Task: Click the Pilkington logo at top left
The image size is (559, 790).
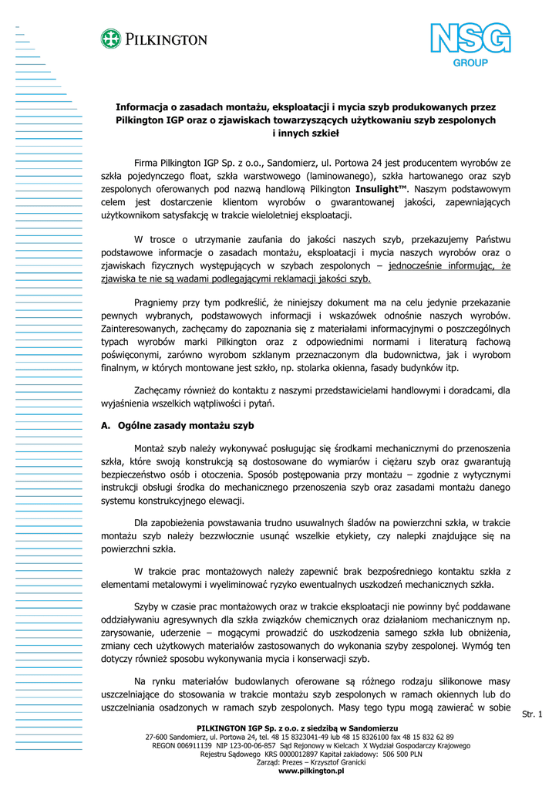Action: [x=153, y=39]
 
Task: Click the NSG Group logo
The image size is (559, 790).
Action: [x=470, y=46]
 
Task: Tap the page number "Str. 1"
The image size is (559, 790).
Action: [x=533, y=714]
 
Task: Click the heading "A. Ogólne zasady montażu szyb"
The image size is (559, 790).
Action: [x=178, y=425]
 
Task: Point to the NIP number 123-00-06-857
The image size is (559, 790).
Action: [x=245, y=746]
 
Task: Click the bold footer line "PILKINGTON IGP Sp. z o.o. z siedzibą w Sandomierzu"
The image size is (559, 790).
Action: [x=298, y=728]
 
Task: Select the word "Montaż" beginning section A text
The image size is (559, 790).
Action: [x=150, y=448]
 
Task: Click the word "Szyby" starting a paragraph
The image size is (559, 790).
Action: [x=147, y=606]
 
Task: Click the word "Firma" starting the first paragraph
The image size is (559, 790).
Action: [x=146, y=162]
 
